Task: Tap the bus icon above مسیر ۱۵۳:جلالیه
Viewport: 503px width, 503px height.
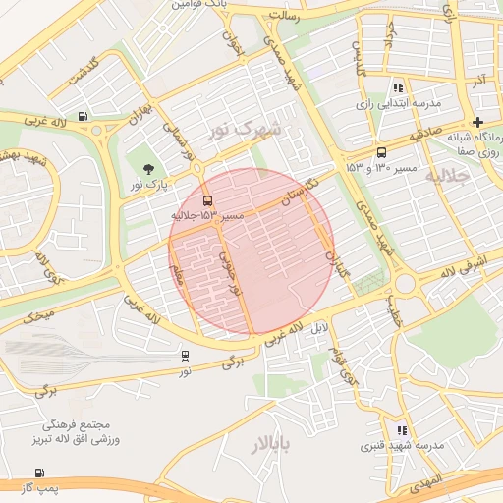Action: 206,199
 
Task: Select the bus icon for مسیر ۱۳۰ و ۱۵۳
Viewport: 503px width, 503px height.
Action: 381,152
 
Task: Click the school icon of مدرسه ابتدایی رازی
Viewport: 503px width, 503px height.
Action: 397,87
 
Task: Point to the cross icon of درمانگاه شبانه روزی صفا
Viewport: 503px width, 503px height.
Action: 477,122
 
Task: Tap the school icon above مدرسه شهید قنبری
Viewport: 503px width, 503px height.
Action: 401,430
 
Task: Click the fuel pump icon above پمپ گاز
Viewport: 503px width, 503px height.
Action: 39,473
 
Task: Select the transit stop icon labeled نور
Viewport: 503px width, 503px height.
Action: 186,356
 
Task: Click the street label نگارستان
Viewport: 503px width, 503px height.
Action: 299,191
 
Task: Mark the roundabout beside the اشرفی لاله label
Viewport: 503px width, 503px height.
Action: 404,285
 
